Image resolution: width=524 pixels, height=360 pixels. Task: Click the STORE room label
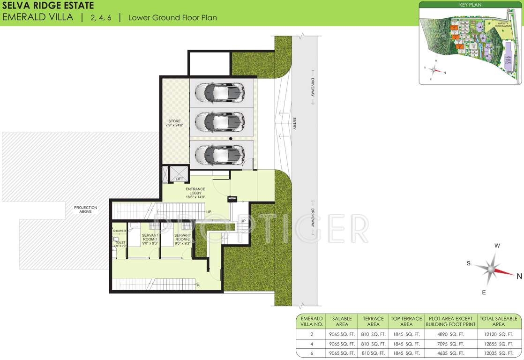click(174, 123)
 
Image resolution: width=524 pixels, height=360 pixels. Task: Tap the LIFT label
click(179, 179)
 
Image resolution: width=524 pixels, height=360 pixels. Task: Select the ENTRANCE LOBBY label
click(195, 192)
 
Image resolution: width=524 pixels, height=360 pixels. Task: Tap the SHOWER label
click(119, 231)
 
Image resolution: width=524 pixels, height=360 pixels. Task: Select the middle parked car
click(220, 122)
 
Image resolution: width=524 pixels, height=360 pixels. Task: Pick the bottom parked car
click(220, 153)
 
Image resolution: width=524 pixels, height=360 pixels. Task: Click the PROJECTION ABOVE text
click(85, 210)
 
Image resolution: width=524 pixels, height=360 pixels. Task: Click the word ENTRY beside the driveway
click(294, 123)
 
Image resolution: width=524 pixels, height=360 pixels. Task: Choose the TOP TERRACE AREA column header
click(406, 321)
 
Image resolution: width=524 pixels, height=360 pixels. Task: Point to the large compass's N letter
click(519, 277)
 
